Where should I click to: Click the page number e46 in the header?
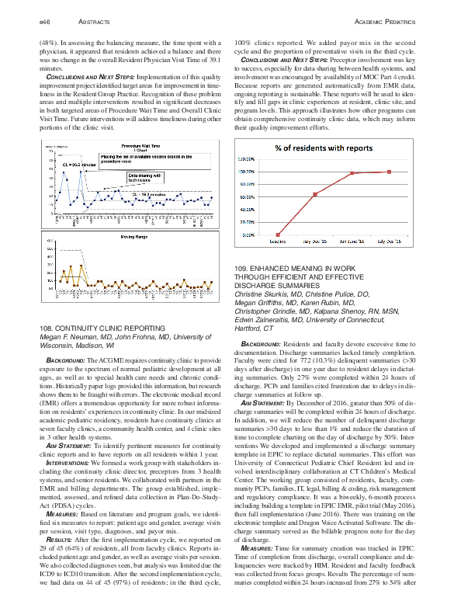[x=44, y=19]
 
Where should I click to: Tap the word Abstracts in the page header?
[x=87, y=19]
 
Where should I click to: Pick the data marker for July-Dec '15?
[x=315, y=194]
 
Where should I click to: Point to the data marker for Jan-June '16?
[x=352, y=173]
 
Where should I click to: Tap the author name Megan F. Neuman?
[x=69, y=338]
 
